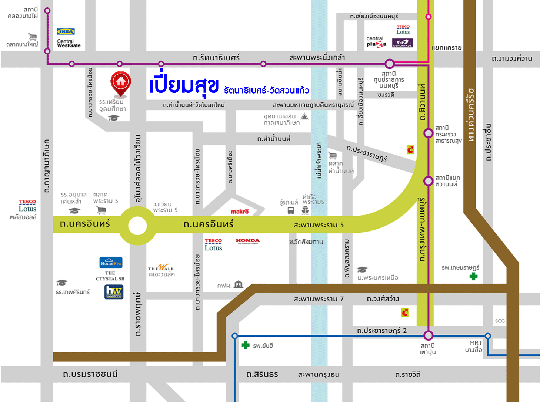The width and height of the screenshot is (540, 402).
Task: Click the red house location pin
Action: (x=120, y=82)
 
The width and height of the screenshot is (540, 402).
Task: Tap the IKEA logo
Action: (x=66, y=32)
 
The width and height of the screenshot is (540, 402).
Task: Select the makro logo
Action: (x=240, y=212)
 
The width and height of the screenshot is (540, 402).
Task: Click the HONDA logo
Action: (x=247, y=241)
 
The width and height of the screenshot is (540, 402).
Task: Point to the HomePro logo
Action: (x=111, y=263)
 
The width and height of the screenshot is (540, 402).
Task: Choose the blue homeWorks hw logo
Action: (x=114, y=291)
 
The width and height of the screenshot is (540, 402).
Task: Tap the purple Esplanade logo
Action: (x=402, y=43)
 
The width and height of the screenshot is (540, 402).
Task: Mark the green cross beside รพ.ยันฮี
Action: (x=245, y=345)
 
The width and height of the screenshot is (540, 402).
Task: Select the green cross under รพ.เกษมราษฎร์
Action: (x=473, y=276)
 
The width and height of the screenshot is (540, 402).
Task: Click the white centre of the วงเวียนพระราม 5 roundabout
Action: (x=137, y=225)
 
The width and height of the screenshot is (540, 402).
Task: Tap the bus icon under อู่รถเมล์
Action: (x=291, y=211)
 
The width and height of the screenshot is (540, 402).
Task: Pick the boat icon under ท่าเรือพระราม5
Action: (x=305, y=210)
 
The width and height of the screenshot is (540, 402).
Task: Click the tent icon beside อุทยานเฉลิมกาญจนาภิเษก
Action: (x=304, y=117)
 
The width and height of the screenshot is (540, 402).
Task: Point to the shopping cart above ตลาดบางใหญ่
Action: (x=33, y=37)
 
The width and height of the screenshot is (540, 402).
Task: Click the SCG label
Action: (x=500, y=321)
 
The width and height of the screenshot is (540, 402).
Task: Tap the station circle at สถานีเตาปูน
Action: (x=428, y=335)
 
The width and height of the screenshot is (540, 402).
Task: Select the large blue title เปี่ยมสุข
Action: (x=184, y=85)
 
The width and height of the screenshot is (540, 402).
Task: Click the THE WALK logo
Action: (x=161, y=268)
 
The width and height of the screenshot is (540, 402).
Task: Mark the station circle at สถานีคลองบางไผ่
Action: (x=47, y=11)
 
